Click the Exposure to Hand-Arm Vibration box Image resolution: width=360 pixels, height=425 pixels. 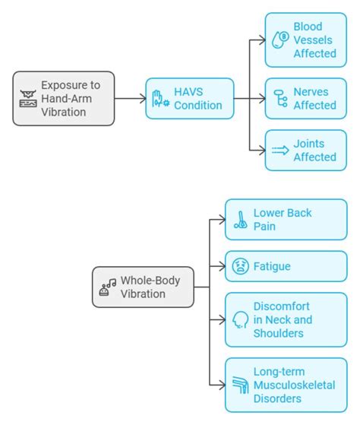coord(64,98)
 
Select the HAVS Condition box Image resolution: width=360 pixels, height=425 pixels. coord(189,98)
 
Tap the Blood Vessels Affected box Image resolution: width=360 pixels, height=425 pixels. coord(305,40)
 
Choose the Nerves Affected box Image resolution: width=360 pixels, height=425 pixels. coord(305,98)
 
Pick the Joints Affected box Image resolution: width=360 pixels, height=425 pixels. coord(305,150)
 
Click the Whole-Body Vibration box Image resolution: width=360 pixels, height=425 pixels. coord(142,287)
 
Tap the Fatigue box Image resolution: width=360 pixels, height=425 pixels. coord(286,266)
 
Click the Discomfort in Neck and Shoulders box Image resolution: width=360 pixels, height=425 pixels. coord(286,319)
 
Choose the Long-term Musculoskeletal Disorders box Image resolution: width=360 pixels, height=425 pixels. coord(286,384)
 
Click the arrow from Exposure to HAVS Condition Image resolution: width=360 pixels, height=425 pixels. coord(130,98)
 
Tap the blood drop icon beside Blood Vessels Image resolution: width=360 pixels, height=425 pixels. coord(280,40)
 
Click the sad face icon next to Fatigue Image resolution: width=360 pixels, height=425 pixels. coord(239,267)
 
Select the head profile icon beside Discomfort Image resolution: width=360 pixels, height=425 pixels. coord(240,319)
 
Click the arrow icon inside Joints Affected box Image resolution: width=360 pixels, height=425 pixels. coord(280,151)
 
